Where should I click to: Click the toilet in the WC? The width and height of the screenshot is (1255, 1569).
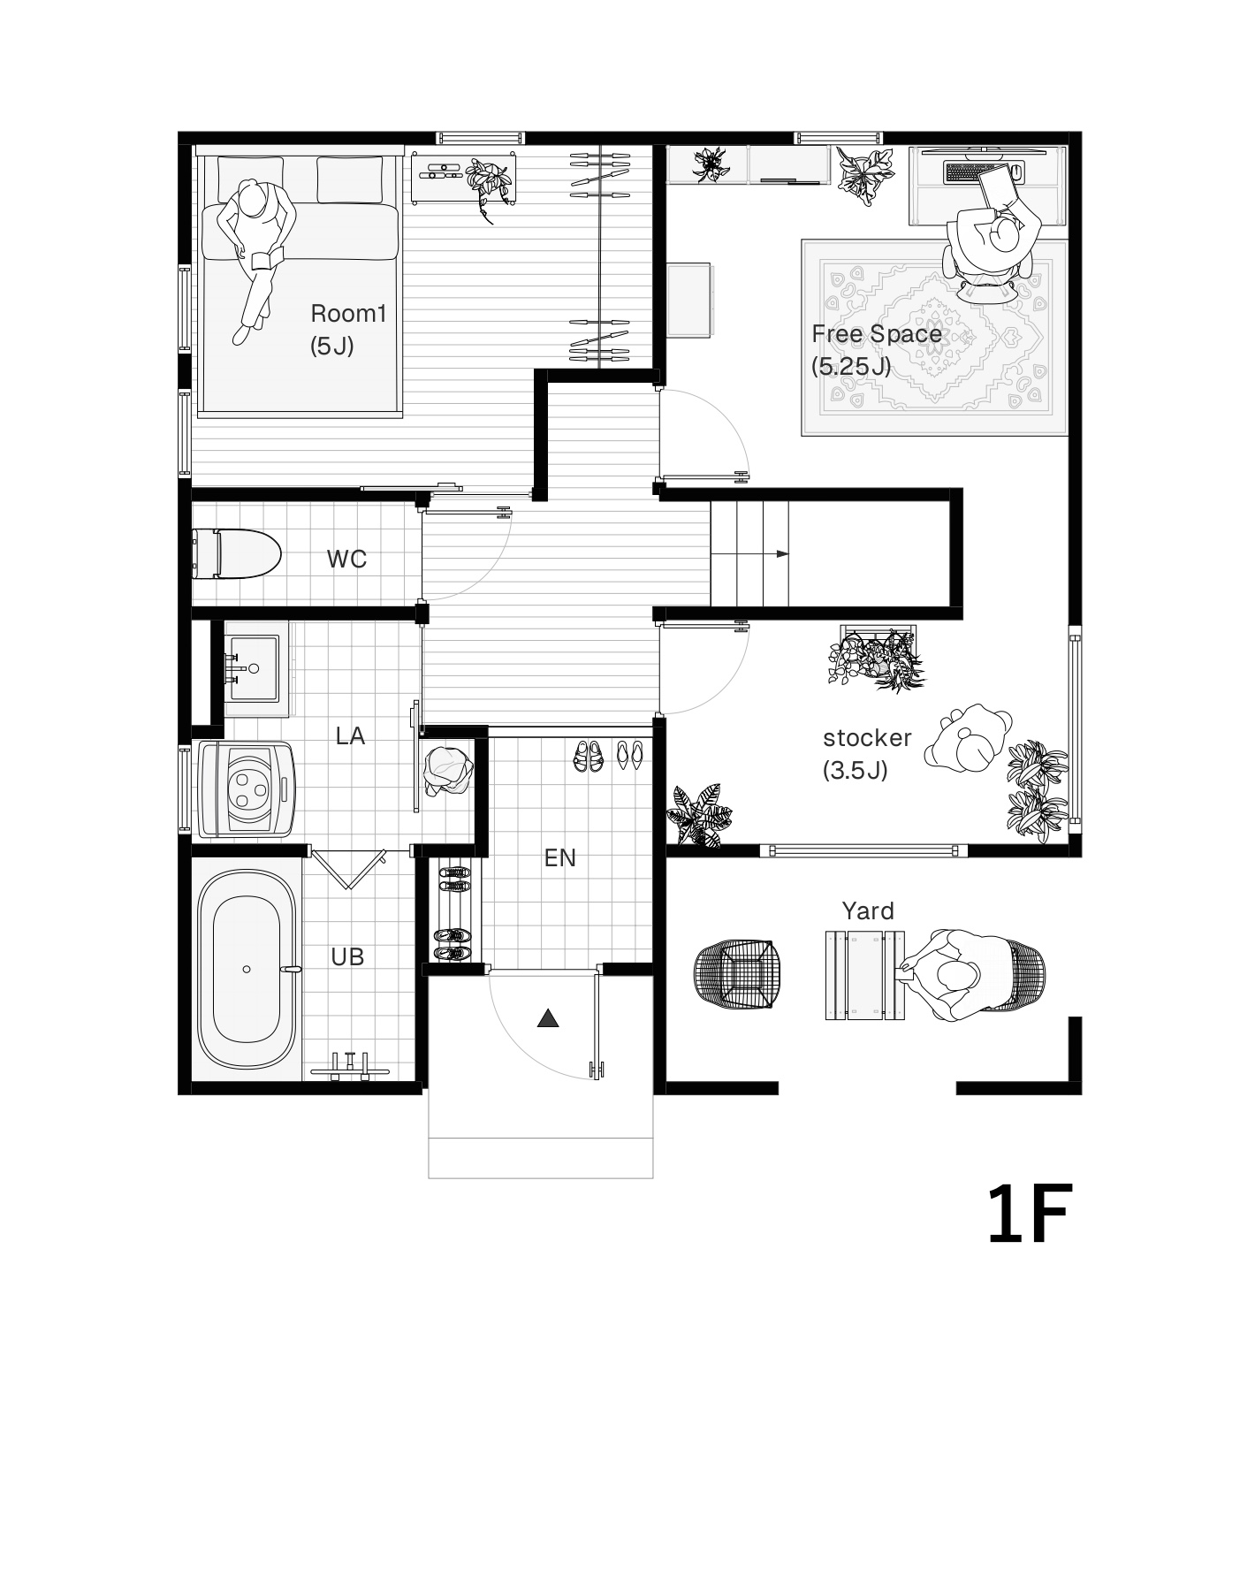(236, 554)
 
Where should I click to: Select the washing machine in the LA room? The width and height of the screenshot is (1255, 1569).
(247, 788)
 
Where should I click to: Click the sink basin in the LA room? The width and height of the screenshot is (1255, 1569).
(254, 669)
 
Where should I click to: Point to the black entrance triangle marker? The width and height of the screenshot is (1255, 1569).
(548, 1018)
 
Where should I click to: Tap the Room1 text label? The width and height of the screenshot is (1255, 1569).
(348, 313)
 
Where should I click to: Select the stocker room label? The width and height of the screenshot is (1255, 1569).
(866, 737)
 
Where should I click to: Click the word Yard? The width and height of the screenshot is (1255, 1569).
(868, 910)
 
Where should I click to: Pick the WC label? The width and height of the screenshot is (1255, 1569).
(346, 559)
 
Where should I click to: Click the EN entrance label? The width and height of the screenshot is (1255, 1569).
(559, 857)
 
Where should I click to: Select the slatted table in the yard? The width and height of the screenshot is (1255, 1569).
(865, 975)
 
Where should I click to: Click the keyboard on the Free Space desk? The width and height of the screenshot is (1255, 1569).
(974, 171)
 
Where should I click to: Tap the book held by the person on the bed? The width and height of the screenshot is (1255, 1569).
(267, 259)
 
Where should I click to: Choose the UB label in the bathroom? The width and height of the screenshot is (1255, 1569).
(347, 956)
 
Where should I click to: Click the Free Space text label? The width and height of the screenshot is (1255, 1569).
(876, 334)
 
